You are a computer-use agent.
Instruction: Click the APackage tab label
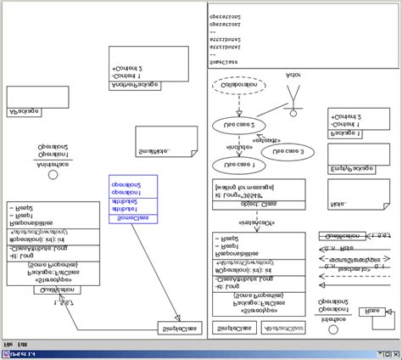click(x=25, y=112)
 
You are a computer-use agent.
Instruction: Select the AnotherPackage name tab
click(x=136, y=84)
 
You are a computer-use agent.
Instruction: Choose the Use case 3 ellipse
click(x=282, y=152)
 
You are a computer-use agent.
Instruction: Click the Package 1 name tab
click(x=345, y=133)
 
